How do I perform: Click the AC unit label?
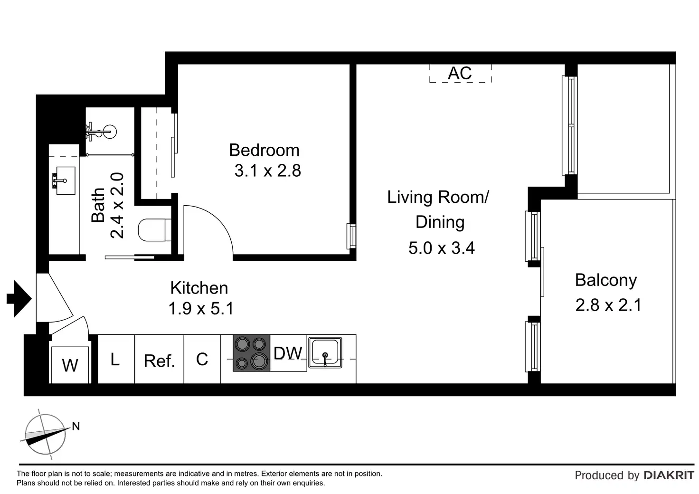click(460, 73)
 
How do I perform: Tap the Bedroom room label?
click(264, 151)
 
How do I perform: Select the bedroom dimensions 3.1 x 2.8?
click(268, 171)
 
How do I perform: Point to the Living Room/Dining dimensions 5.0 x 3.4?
click(442, 248)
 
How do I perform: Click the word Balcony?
click(606, 281)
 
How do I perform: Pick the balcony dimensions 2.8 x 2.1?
click(608, 305)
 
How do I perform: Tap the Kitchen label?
click(199, 288)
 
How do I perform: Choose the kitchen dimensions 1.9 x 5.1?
click(201, 308)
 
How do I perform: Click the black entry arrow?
click(19, 299)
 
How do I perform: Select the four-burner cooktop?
click(251, 353)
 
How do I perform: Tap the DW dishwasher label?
click(288, 353)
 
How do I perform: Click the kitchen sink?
click(325, 352)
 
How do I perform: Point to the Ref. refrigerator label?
click(159, 361)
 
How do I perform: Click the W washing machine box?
click(70, 365)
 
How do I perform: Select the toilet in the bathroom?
click(154, 230)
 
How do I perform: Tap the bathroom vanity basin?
click(65, 180)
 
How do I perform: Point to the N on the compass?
click(76, 426)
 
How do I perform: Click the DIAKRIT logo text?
click(669, 475)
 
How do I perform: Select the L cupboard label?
click(115, 359)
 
